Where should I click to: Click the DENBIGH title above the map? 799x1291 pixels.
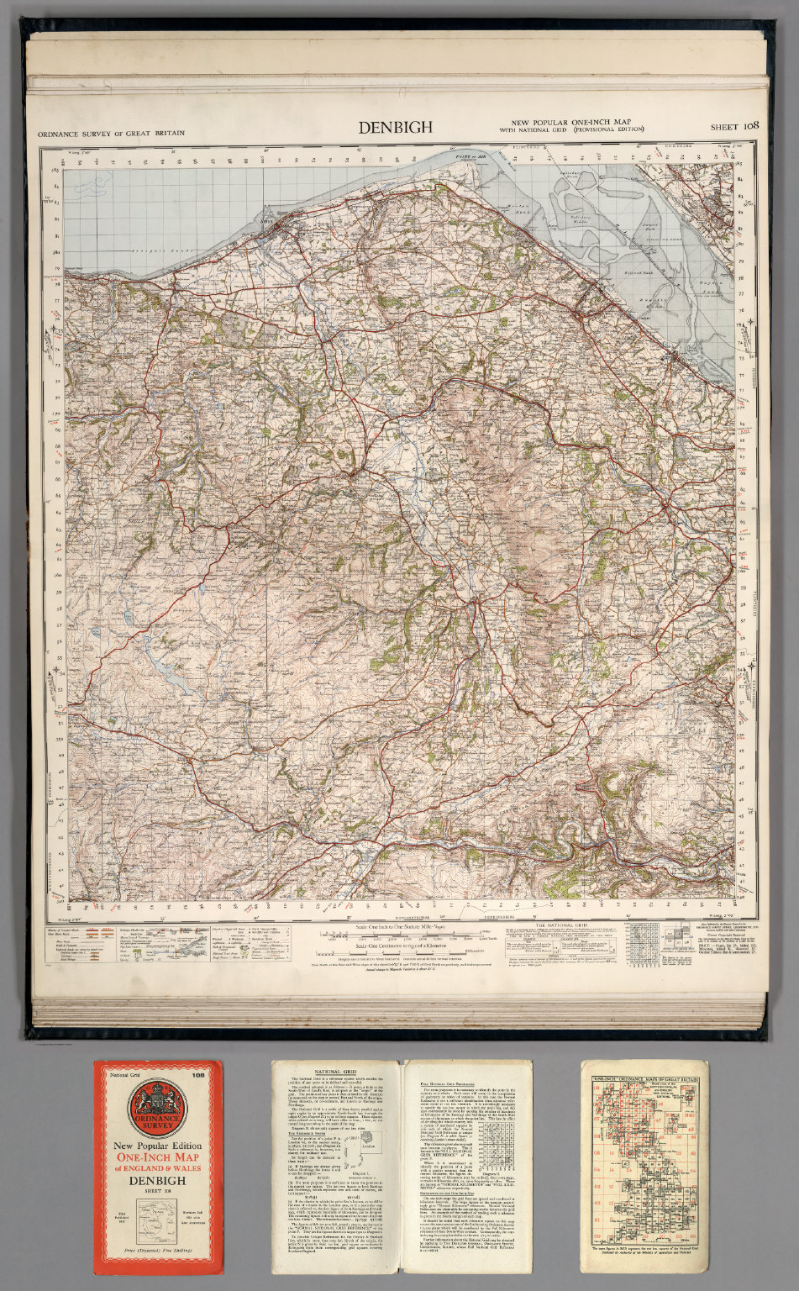point(396,128)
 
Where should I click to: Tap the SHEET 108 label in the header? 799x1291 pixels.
point(734,127)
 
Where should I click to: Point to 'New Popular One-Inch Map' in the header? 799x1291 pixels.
point(571,123)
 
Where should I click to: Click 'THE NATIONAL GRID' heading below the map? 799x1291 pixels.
point(562,925)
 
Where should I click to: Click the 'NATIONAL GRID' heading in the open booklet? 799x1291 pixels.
point(339,1072)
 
